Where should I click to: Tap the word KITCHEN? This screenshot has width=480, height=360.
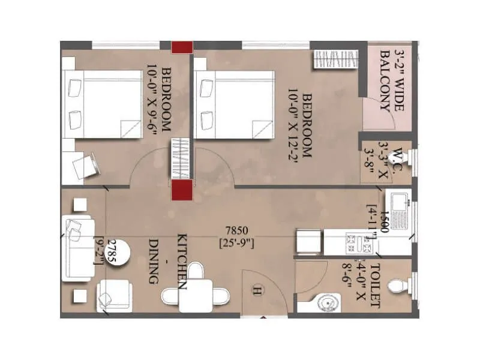click(x=181, y=259)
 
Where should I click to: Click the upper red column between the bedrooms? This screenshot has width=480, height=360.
click(x=181, y=47)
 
